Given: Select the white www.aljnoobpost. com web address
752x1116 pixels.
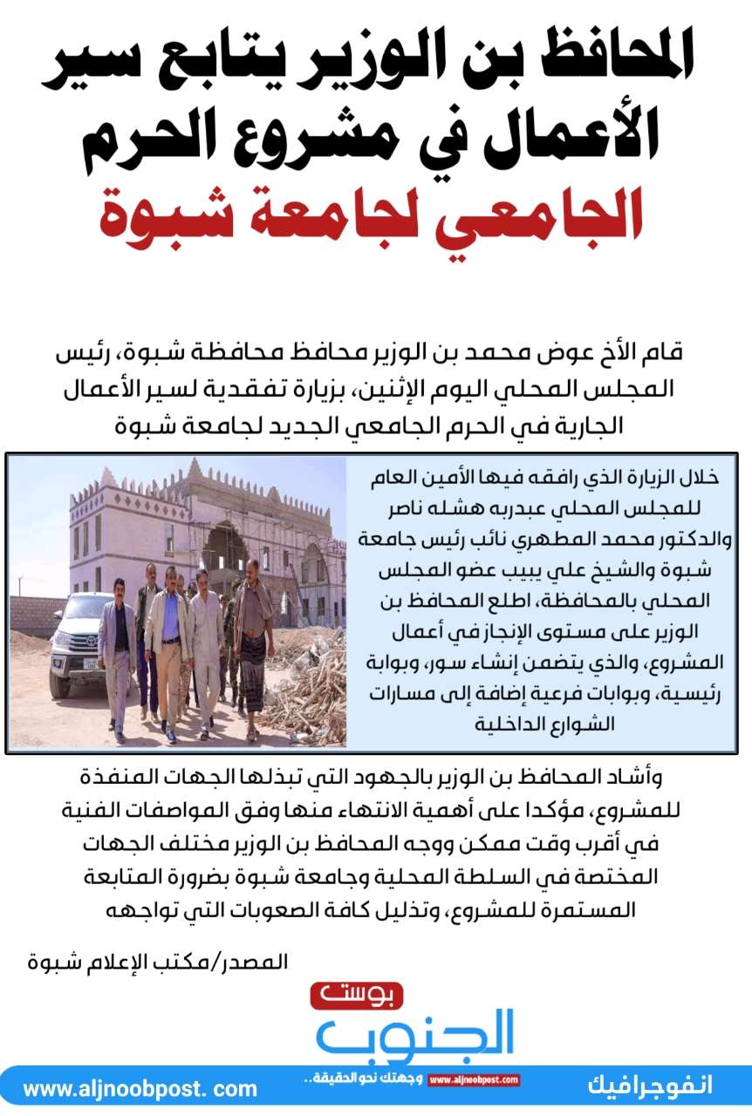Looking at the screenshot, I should (x=140, y=1089).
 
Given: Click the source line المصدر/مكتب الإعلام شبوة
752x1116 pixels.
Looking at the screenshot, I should (x=157, y=963).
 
